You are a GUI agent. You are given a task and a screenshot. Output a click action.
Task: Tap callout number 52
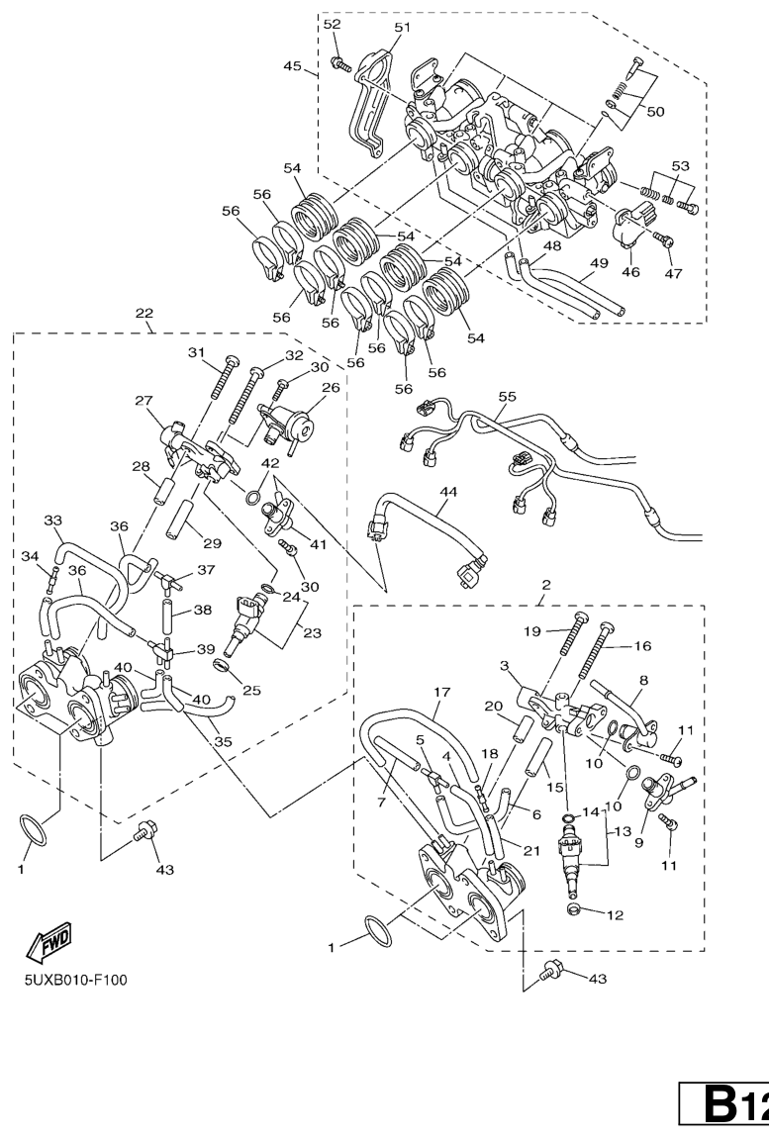tap(332, 23)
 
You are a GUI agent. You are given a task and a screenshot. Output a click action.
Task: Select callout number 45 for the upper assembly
tap(293, 66)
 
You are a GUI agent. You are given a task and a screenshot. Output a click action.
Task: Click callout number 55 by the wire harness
tap(507, 395)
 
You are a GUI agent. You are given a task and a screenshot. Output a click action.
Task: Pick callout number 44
tap(448, 490)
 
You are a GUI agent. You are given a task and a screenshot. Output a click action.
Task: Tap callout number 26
tap(329, 387)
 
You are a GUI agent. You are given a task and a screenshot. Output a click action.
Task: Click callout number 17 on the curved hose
tap(441, 692)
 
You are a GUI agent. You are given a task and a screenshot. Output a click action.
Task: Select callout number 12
tap(616, 915)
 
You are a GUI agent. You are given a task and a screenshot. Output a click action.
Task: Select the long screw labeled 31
tap(220, 379)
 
